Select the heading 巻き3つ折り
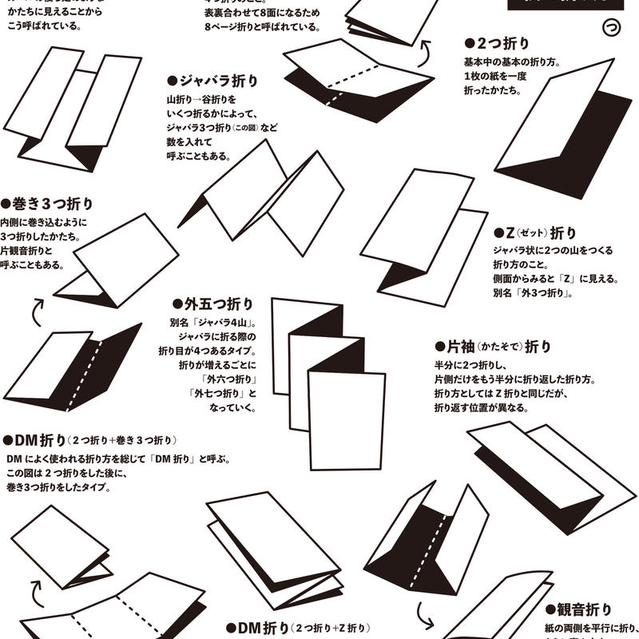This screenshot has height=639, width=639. pyautogui.click(x=47, y=204)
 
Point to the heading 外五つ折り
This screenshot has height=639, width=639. pyautogui.click(x=213, y=304)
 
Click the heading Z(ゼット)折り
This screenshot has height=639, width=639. pyautogui.click(x=535, y=233)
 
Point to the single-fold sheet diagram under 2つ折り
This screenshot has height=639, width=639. pyautogui.click(x=559, y=128)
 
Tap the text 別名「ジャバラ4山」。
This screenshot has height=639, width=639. pyautogui.click(x=211, y=323)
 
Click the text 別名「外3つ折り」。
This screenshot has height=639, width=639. pyautogui.click(x=533, y=293)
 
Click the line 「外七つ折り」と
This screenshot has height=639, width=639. pyautogui.click(x=224, y=394)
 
